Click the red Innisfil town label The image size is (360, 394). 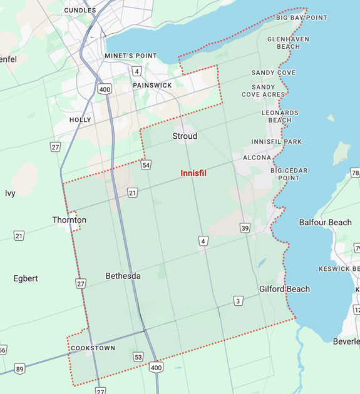tap(193, 173)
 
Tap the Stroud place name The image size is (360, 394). tap(185, 136)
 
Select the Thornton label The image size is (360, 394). tap(69, 220)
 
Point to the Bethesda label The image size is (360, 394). tap(123, 276)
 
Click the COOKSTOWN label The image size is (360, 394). tap(93, 348)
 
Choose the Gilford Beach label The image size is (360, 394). tap(284, 289)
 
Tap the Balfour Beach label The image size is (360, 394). tap(325, 223)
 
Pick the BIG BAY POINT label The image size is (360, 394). tap(302, 18)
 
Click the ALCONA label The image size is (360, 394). tap(257, 158)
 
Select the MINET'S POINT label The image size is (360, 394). tap(131, 56)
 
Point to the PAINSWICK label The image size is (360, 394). tap(152, 85)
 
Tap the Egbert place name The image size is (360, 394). tap(26, 278)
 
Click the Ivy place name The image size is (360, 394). tap(10, 193)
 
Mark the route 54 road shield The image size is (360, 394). tap(146, 165)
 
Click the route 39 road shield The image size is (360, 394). tap(245, 228)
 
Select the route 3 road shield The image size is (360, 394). tap(238, 301)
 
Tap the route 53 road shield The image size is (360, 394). tap(138, 356)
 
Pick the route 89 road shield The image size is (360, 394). tap(21, 369)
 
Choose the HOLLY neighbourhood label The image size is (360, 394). tap(80, 119)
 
